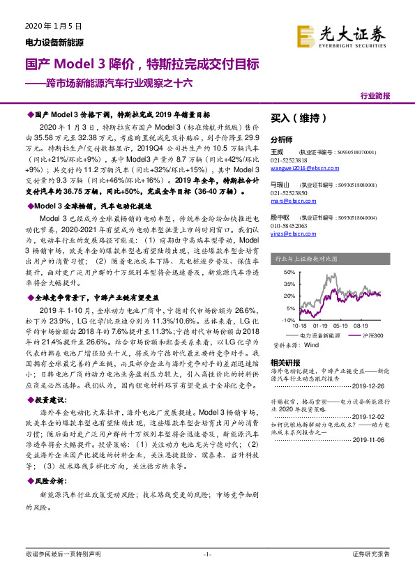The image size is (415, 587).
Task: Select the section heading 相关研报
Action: [x=285, y=362]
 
